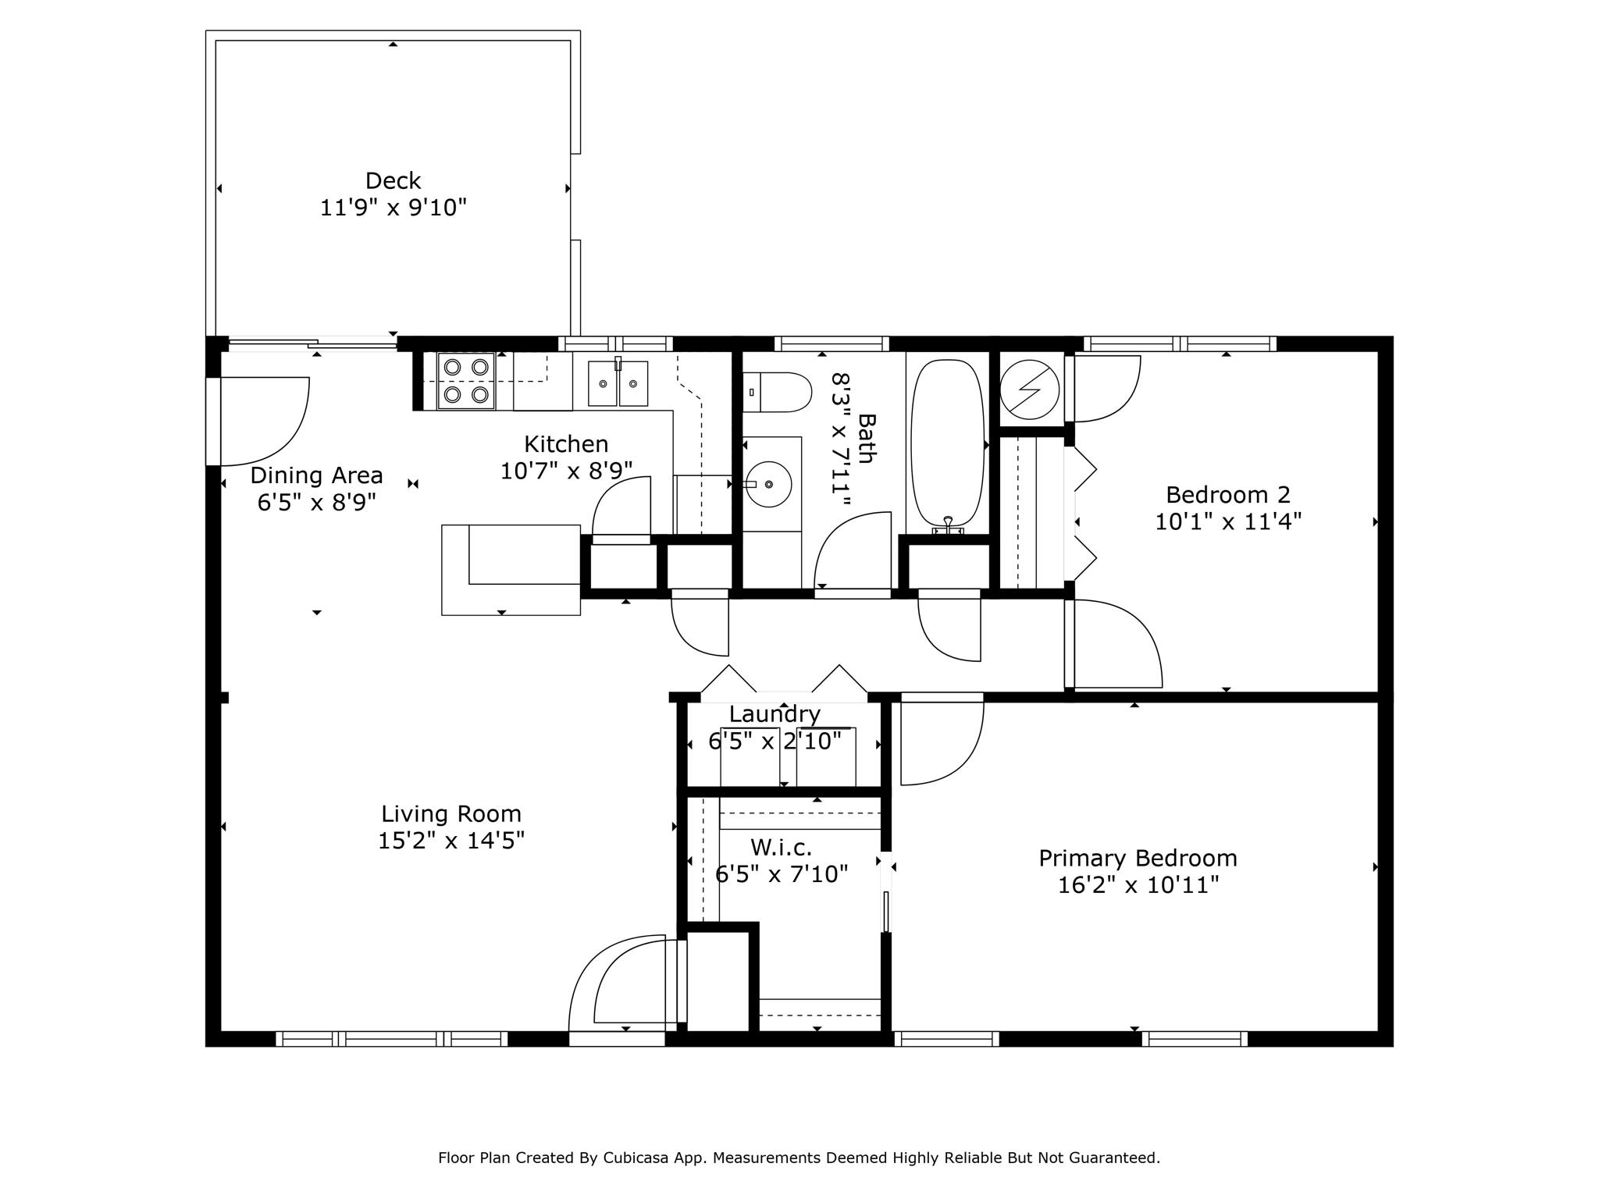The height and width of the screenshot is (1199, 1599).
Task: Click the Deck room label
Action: click(x=393, y=181)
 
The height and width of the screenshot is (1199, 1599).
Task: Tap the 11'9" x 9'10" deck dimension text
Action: click(x=394, y=208)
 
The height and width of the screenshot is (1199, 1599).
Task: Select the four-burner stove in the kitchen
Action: click(x=466, y=381)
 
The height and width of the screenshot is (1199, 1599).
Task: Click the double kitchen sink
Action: click(x=618, y=382)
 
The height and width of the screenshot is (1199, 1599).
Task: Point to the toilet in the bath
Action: click(x=778, y=392)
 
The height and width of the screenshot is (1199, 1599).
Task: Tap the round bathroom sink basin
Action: click(x=768, y=484)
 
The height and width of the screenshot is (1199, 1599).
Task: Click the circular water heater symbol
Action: click(x=1030, y=390)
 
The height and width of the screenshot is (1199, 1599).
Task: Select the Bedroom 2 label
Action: click(x=1228, y=495)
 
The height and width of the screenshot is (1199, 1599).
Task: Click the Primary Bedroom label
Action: click(x=1138, y=859)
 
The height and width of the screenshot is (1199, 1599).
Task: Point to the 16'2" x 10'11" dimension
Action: click(x=1138, y=885)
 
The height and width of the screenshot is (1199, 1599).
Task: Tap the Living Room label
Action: click(x=451, y=814)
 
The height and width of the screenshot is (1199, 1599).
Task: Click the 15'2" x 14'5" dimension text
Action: click(x=451, y=841)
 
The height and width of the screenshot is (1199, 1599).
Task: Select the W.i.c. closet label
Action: click(x=781, y=847)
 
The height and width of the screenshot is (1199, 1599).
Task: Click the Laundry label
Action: click(x=775, y=714)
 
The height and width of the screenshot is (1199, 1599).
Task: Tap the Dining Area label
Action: click(x=316, y=475)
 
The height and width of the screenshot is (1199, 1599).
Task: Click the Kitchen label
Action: click(x=566, y=444)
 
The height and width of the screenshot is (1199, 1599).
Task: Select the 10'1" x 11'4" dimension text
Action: click(x=1228, y=521)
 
